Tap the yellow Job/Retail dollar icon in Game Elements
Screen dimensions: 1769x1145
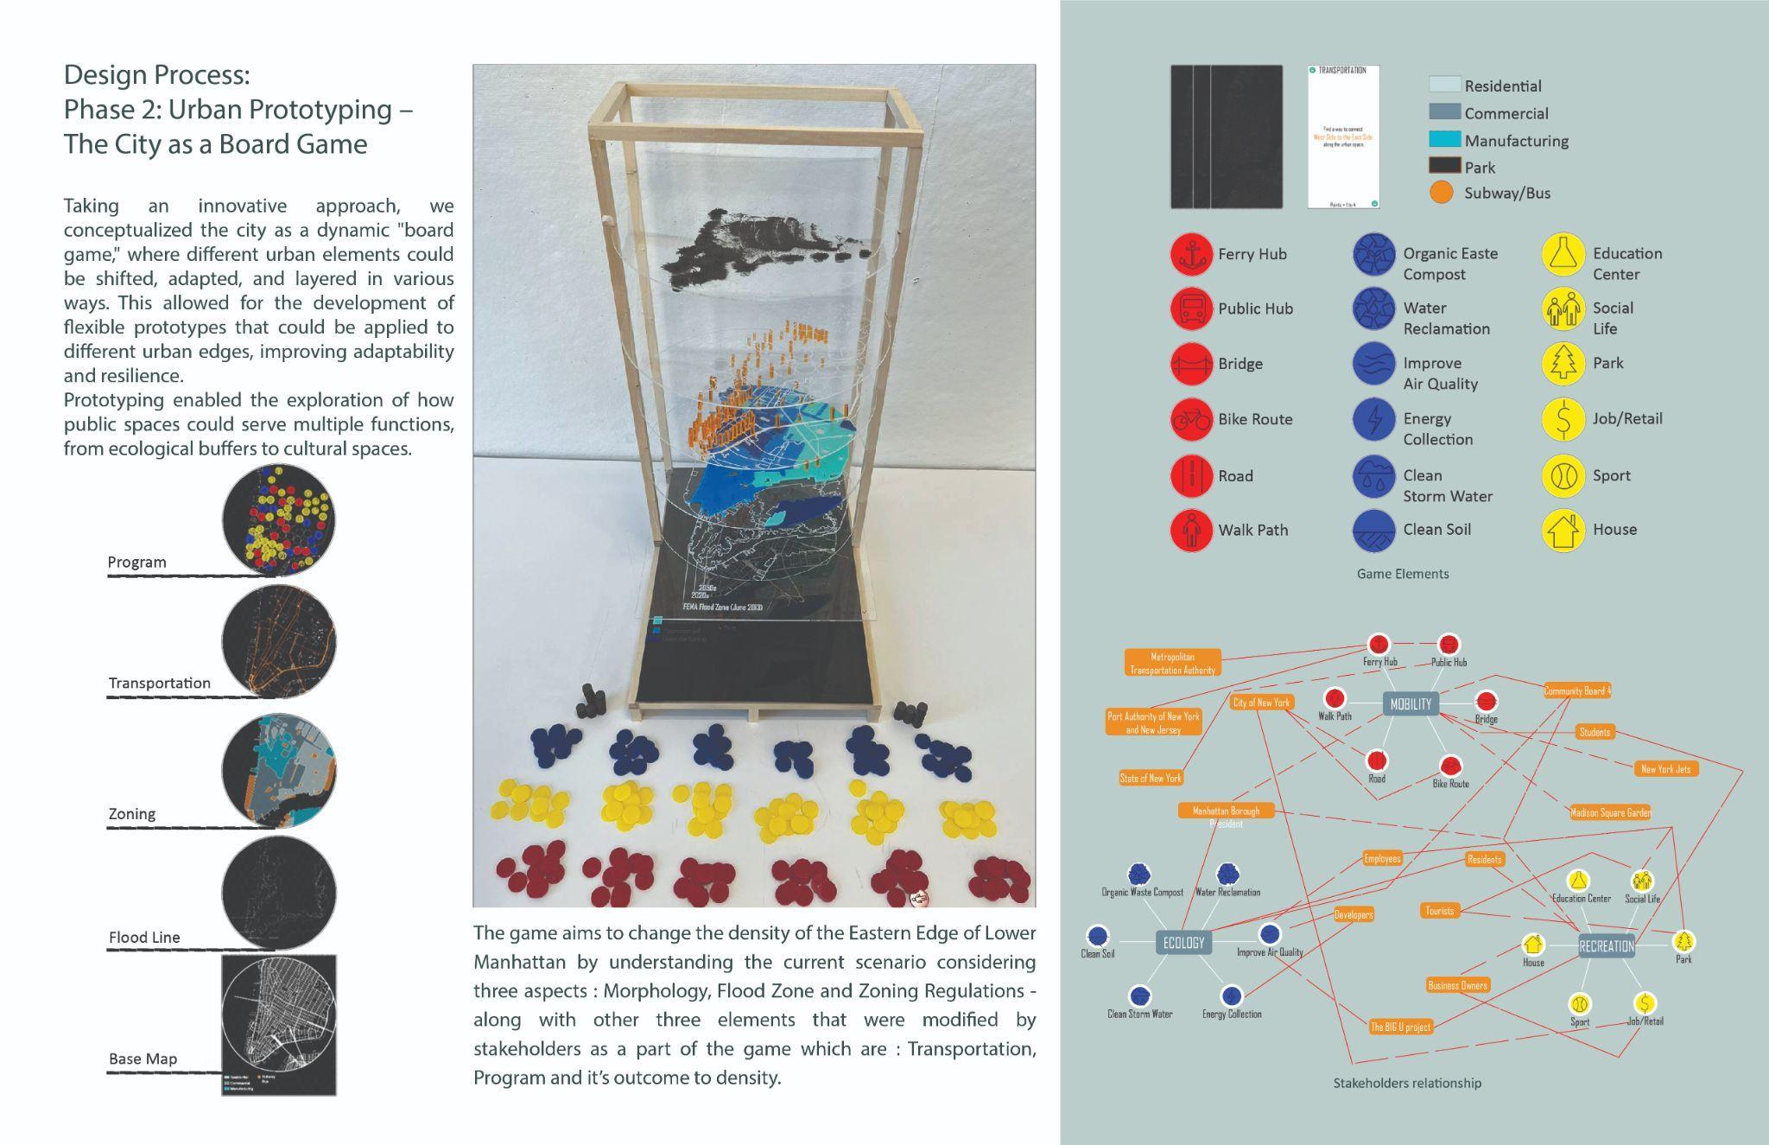[1563, 419]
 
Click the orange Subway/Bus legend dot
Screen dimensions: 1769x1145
[1442, 193]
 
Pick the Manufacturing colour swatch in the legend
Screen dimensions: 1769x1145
[1444, 139]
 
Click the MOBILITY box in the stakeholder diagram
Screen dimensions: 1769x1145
[1411, 704]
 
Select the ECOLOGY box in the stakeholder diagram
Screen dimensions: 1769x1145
[1183, 943]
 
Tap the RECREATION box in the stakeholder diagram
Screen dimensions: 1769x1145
[1606, 946]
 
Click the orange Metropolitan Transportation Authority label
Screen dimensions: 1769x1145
[1172, 663]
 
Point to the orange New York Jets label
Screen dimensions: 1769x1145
[1665, 768]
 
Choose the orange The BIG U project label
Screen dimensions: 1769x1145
[1400, 1027]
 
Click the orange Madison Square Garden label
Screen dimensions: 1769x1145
[1609, 812]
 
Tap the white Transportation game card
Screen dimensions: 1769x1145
[1342, 137]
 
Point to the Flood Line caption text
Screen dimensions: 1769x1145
[144, 938]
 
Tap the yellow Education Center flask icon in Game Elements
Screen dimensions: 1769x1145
[1563, 254]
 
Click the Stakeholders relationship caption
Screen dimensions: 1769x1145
[1407, 1083]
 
